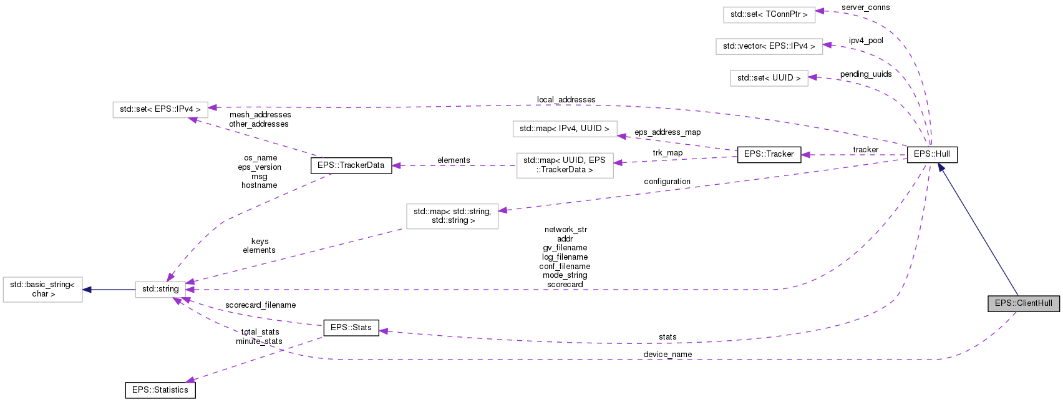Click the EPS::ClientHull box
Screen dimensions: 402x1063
tap(1023, 303)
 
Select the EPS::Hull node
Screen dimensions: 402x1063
tap(931, 154)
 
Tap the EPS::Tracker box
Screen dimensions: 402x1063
tap(769, 154)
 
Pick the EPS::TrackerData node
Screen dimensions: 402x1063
tap(351, 165)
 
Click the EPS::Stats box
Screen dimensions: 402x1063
tap(351, 328)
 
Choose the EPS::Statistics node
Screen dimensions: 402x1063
tap(160, 390)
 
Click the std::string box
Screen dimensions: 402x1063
tap(160, 289)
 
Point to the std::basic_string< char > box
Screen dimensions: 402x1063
tap(42, 290)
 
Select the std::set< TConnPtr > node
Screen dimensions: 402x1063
tap(769, 14)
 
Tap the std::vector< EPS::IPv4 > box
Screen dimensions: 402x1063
tap(769, 46)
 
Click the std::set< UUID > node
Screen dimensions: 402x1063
tap(769, 78)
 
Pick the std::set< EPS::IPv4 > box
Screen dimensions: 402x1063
tap(160, 109)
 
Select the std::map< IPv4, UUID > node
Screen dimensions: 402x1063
tap(564, 129)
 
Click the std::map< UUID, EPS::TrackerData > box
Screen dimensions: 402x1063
tap(564, 165)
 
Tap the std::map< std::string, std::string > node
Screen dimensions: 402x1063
tap(452, 216)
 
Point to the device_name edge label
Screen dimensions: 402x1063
tap(667, 355)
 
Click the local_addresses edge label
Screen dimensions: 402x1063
tap(566, 100)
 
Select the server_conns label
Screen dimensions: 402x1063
tap(865, 7)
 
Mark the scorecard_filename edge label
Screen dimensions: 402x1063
tap(260, 305)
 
